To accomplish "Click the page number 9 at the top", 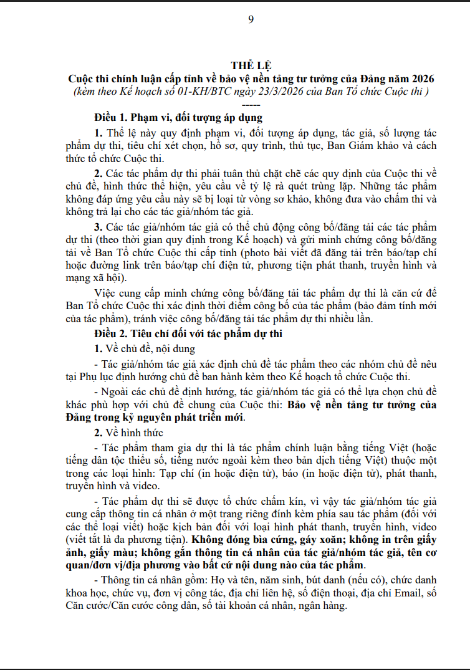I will [251, 19].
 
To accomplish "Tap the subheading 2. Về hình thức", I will [128, 433].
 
